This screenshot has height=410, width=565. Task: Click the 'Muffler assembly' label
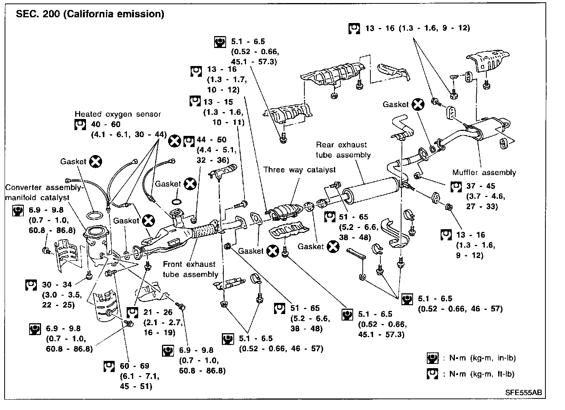[x=484, y=172]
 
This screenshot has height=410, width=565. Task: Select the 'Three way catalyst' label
[x=299, y=170]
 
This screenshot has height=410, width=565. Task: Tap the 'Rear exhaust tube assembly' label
[x=343, y=150]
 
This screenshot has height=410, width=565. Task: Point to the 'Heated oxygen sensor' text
[x=118, y=114]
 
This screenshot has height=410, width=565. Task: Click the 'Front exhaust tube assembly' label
[x=190, y=269]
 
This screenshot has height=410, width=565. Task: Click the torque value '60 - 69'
[x=134, y=366]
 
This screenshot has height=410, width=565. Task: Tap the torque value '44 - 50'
[x=211, y=140]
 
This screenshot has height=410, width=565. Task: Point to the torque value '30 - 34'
[x=57, y=285]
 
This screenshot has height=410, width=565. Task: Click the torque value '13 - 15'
[x=218, y=102]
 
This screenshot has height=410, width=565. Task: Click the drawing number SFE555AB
[x=524, y=393]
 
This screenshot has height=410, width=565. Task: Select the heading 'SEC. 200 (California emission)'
[x=90, y=14]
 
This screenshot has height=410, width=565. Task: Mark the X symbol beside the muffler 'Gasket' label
[x=418, y=104]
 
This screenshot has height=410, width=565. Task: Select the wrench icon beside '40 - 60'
[x=80, y=124]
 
